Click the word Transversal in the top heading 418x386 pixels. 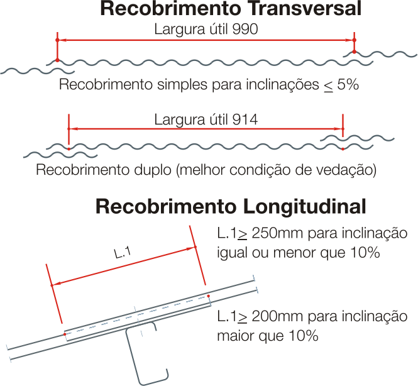[x=305, y=9]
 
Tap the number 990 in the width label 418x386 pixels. [x=245, y=29]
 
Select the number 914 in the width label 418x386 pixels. [x=245, y=119]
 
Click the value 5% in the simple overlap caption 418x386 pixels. [x=348, y=84]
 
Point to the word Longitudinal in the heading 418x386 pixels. [x=304, y=207]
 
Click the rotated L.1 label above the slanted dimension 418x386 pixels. [x=122, y=253]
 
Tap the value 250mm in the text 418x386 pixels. [x=277, y=233]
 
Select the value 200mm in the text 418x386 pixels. [x=277, y=316]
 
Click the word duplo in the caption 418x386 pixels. [x=153, y=170]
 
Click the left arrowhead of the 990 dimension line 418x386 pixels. [x=62, y=40]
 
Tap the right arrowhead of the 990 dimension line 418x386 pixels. [x=349, y=40]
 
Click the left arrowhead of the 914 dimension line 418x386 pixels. [x=74, y=129]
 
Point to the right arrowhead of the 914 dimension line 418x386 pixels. [x=338, y=129]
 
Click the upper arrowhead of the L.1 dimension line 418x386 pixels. [x=191, y=249]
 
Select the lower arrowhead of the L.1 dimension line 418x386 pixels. [x=56, y=284]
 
